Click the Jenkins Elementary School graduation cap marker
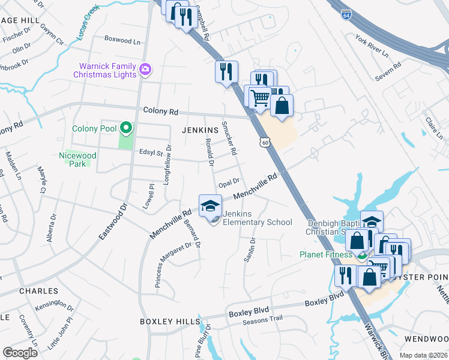tap(210, 206)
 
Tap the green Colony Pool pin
tap(125, 127)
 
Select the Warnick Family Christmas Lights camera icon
tap(145, 70)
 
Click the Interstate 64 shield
tap(346, 15)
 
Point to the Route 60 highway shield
tap(265, 142)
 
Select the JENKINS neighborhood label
tap(200, 130)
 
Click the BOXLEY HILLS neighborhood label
tap(164, 322)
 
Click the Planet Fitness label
tap(326, 254)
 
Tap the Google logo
tap(20, 352)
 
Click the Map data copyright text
tap(425, 355)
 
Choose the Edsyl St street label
tap(151, 153)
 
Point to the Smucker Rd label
tap(229, 137)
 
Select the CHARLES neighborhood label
tap(22, 290)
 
